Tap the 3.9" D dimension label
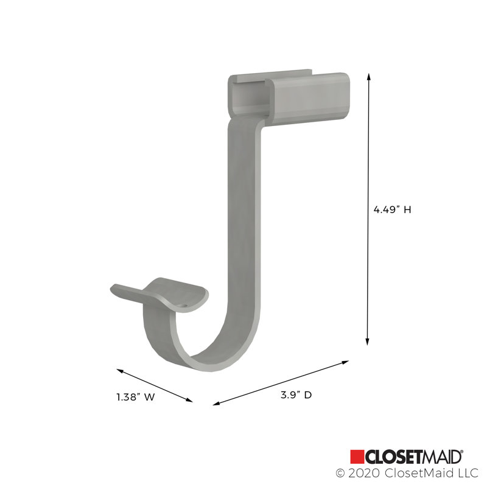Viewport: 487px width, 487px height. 296,395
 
